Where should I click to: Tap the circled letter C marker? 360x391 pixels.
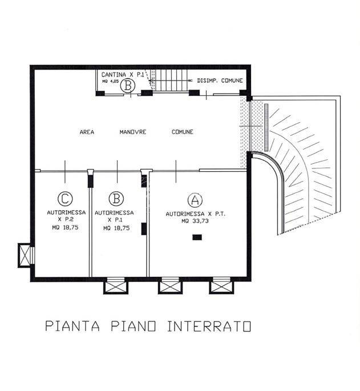point(65,199)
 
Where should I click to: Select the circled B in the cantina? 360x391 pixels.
point(129,87)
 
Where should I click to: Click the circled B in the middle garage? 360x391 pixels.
point(116,199)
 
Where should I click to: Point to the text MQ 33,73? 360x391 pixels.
point(193,221)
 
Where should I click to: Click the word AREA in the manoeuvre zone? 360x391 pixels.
point(87,132)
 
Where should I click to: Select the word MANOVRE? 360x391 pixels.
point(133,132)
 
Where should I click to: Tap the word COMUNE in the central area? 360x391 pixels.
point(183,132)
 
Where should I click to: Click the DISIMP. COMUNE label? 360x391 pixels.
point(220,81)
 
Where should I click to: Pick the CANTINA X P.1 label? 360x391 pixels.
point(121,75)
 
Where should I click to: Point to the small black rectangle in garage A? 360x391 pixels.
point(197,237)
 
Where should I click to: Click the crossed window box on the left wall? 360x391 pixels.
point(26,255)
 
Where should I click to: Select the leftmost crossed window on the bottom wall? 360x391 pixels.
point(114,285)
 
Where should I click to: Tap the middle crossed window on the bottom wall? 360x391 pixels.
point(168,285)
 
